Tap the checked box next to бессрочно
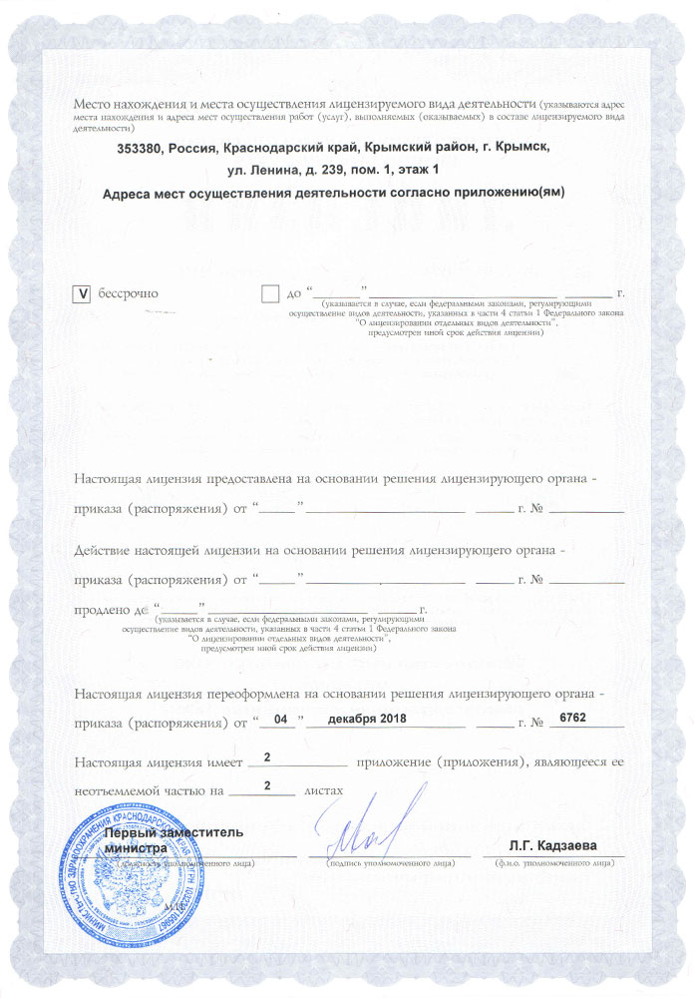pyautogui.click(x=82, y=293)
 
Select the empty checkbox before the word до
pyautogui.click(x=269, y=293)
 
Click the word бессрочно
pyautogui.click(x=127, y=293)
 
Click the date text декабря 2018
pyautogui.click(x=357, y=719)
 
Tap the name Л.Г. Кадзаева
pyautogui.click(x=552, y=846)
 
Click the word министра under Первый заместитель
pyautogui.click(x=136, y=847)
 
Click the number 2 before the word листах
pyautogui.click(x=266, y=786)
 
